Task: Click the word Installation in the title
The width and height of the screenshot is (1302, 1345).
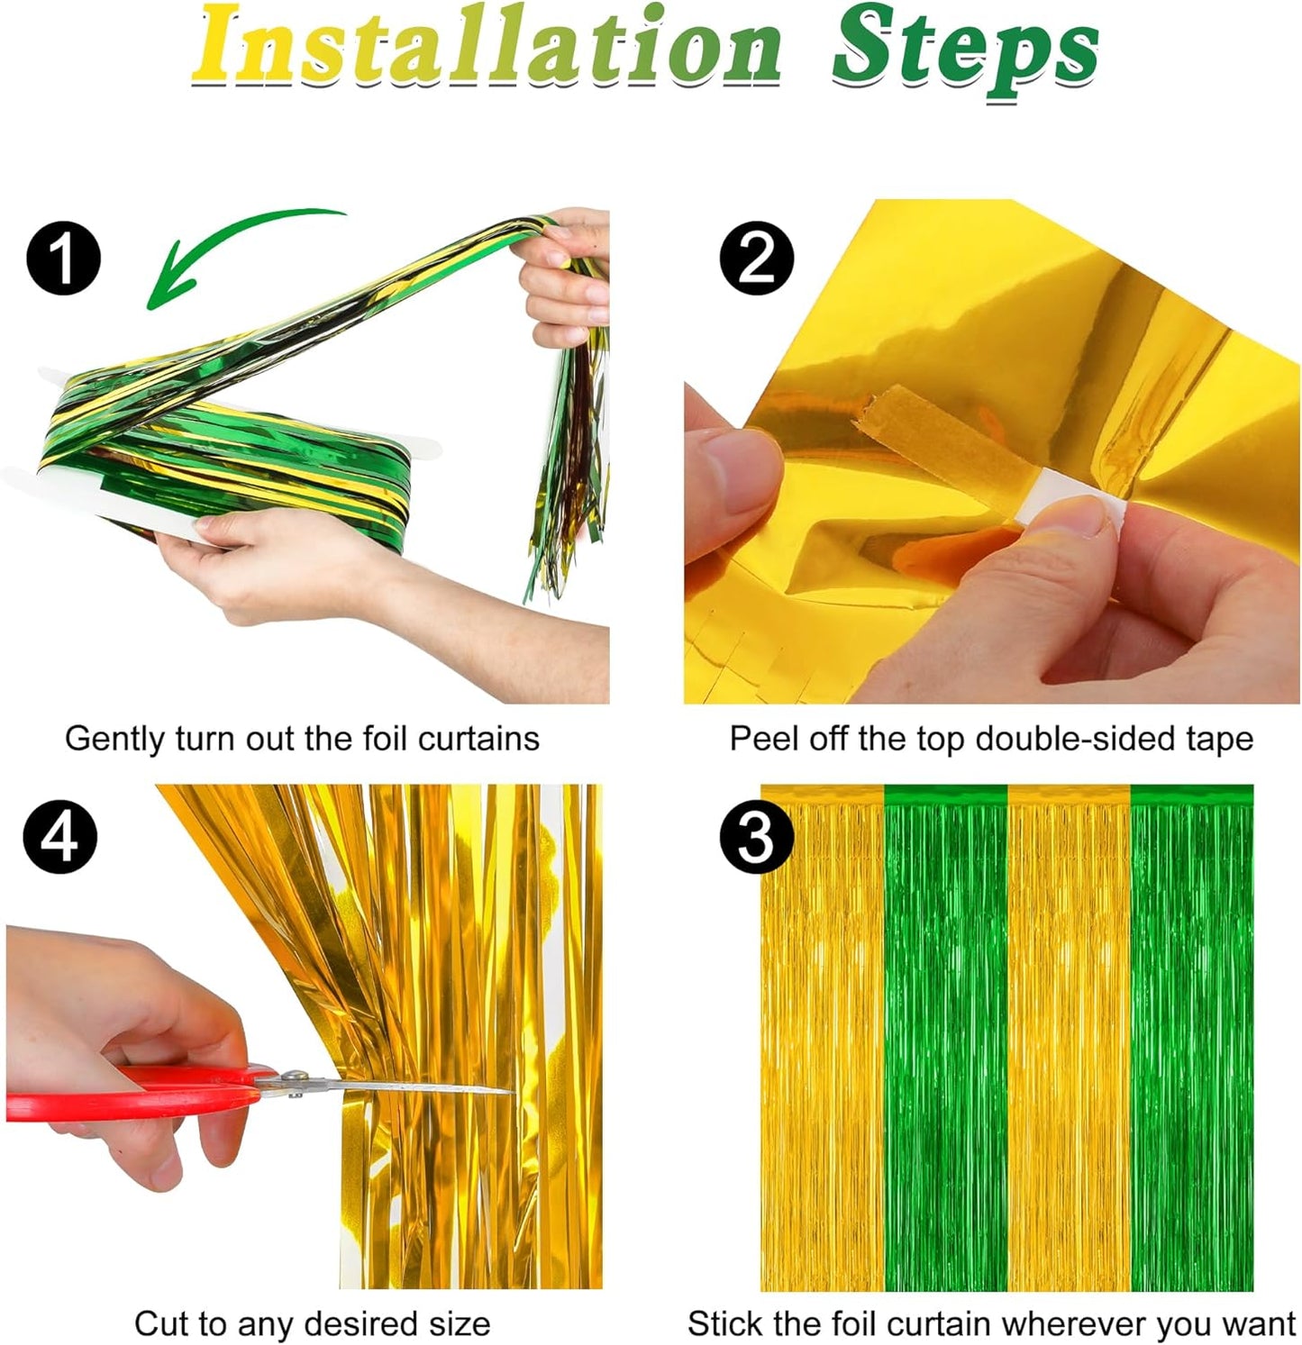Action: tap(487, 47)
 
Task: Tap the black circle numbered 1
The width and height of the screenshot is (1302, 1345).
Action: tap(63, 259)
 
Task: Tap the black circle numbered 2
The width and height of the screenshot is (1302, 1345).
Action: tap(756, 259)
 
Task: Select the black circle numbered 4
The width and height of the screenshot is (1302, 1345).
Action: tap(60, 837)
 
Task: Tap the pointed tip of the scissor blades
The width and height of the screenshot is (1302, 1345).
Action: tap(510, 1092)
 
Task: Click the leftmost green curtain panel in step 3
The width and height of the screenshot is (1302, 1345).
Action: tap(945, 1036)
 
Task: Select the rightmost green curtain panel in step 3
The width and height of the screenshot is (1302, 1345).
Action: tap(1191, 1036)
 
